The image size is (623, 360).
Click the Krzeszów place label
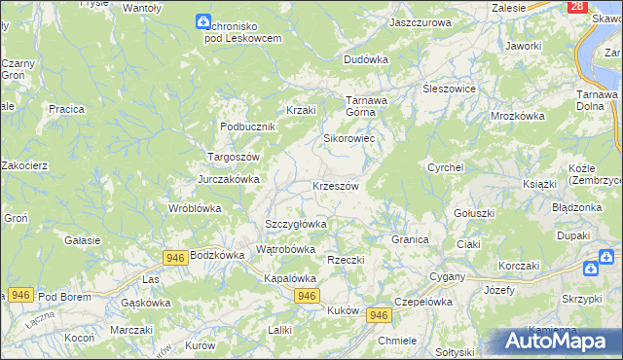click(x=336, y=186)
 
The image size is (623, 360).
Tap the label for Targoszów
click(x=232, y=157)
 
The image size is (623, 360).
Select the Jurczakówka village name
click(x=229, y=179)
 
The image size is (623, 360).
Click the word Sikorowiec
click(x=349, y=138)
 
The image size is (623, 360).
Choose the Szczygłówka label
click(x=296, y=224)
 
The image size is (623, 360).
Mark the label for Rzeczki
click(x=346, y=260)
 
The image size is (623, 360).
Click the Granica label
click(x=410, y=239)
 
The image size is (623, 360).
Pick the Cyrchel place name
click(x=444, y=167)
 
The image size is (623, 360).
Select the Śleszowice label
click(x=448, y=88)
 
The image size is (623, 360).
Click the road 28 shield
click(x=577, y=7)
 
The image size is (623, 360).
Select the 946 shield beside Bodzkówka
click(x=175, y=257)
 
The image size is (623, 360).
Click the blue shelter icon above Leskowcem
click(x=202, y=21)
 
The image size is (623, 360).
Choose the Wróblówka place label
click(x=195, y=208)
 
